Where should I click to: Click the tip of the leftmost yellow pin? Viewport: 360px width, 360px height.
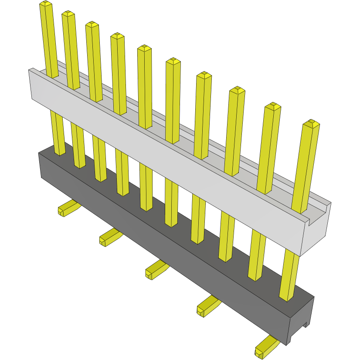click(45, 4)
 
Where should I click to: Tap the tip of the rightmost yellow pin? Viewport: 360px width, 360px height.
click(311, 123)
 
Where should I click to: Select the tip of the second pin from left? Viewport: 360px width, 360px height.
click(68, 14)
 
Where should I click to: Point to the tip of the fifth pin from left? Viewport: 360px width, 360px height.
click(144, 48)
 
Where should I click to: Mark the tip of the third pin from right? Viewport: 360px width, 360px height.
click(237, 90)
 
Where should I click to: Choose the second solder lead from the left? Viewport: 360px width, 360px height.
click(110, 237)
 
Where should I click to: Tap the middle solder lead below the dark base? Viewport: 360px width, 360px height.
click(156, 268)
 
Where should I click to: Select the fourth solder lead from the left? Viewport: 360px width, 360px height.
click(207, 306)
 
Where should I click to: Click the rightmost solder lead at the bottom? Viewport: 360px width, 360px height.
click(266, 347)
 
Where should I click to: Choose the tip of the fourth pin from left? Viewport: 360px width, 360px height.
click(117, 35)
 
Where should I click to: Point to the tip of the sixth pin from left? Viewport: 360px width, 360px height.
click(173, 61)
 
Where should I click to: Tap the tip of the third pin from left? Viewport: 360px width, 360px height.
click(92, 24)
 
